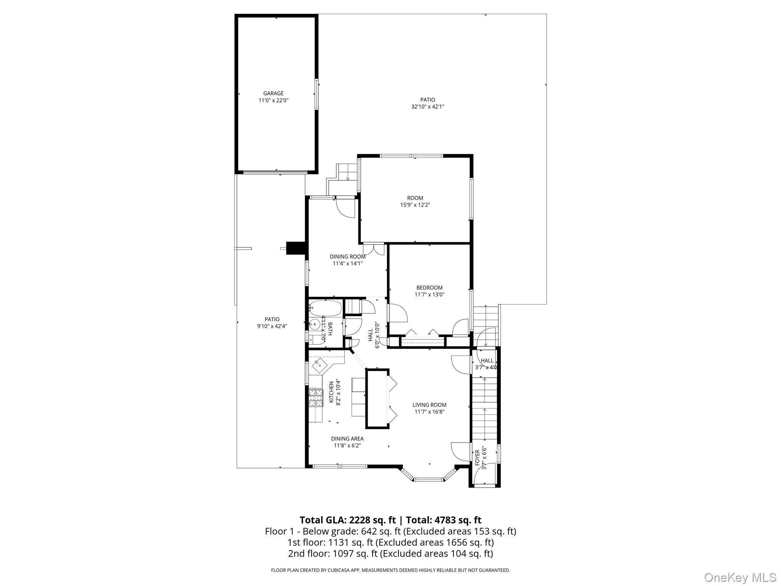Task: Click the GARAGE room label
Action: coord(273,93)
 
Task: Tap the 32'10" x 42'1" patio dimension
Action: coord(427,107)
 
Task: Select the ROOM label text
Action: coord(415,198)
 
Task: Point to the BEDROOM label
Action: coord(429,288)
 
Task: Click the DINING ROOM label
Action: coord(347,257)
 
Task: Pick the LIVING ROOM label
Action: coord(429,405)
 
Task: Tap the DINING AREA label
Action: coord(347,439)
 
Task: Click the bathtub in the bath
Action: coord(325,308)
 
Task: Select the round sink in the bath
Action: coord(315,325)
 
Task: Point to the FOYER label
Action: coord(477,457)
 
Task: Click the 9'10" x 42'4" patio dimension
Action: coord(272,326)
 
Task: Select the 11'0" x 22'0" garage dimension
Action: coord(273,101)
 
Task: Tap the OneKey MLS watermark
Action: coord(740,577)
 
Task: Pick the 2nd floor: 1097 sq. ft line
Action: coord(390,554)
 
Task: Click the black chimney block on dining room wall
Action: coord(296,248)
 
